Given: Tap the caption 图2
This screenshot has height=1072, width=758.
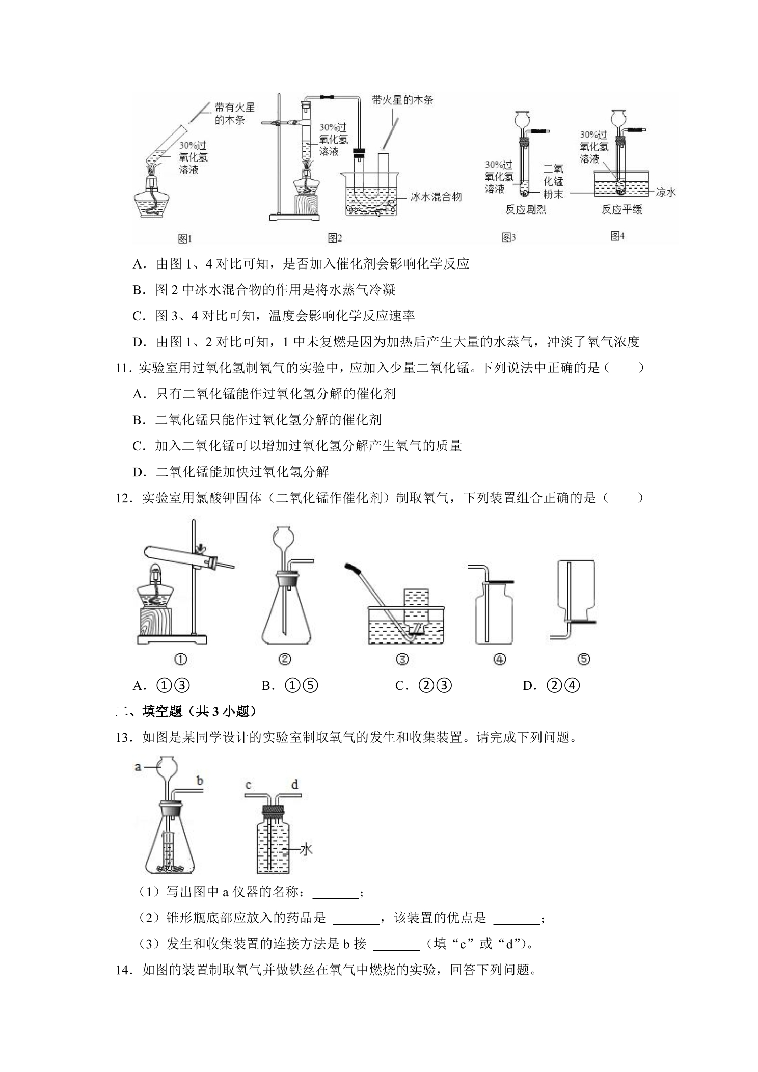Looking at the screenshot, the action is pyautogui.click(x=334, y=237).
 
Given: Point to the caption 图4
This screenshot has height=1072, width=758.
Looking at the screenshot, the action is pyautogui.click(x=617, y=236).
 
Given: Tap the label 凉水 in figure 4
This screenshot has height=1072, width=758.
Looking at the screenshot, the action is pyautogui.click(x=665, y=192).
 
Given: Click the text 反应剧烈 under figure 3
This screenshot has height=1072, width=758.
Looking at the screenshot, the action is pyautogui.click(x=526, y=209).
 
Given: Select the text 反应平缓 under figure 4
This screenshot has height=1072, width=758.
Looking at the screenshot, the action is pyautogui.click(x=621, y=209).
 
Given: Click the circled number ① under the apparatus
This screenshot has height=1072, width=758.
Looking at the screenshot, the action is pyautogui.click(x=180, y=659).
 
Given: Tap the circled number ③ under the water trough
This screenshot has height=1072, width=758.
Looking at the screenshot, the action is pyautogui.click(x=402, y=659).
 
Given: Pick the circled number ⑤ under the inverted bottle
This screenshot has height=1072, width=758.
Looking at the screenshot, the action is pyautogui.click(x=583, y=659).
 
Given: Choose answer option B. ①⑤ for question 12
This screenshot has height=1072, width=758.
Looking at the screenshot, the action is pyautogui.click(x=290, y=686).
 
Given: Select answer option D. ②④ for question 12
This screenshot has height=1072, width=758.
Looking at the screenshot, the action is pyautogui.click(x=552, y=686).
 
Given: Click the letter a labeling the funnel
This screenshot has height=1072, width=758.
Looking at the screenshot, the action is pyautogui.click(x=138, y=766).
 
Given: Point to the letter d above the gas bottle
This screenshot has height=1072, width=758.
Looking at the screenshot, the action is pyautogui.click(x=294, y=785).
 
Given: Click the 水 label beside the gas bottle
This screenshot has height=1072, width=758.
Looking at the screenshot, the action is pyautogui.click(x=306, y=849).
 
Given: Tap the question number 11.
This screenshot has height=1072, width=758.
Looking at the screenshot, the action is pyautogui.click(x=123, y=368).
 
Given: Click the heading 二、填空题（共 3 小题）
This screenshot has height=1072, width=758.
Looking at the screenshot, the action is pyautogui.click(x=186, y=711).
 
